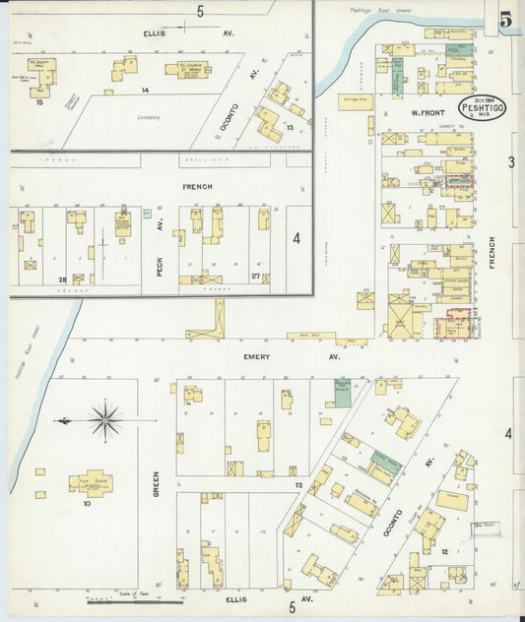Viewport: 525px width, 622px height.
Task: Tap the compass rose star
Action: point(105,419)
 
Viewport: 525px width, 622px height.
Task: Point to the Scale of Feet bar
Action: point(134,600)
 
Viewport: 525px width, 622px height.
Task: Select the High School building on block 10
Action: point(91,482)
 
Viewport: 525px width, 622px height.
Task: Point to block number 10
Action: point(87,503)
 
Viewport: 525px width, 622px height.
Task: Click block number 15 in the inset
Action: point(39,100)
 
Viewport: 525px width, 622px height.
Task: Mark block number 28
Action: point(61,280)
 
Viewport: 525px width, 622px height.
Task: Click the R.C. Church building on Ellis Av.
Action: point(193,70)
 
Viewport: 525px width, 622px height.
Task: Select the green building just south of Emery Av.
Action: point(342,393)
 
